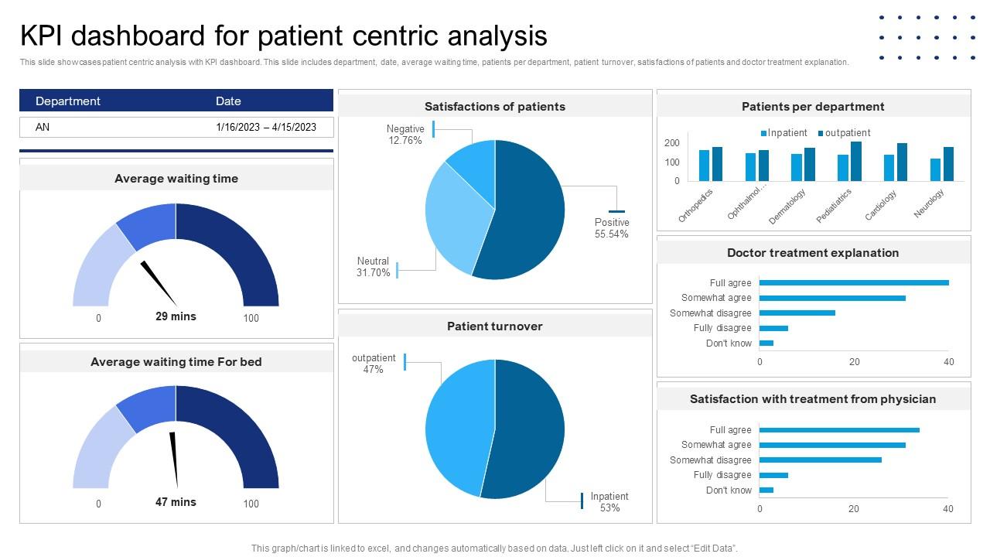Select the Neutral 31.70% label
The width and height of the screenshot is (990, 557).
click(x=374, y=267)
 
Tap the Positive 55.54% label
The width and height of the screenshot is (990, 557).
click(x=611, y=228)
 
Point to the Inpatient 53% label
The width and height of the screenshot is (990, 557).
click(x=609, y=502)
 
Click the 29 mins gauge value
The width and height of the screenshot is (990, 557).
click(x=176, y=316)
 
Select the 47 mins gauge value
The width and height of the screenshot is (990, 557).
click(x=176, y=502)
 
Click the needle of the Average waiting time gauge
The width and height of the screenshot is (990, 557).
click(x=159, y=283)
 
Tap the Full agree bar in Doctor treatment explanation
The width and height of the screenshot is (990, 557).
click(x=854, y=283)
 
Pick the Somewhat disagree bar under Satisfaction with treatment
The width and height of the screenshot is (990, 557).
click(x=820, y=460)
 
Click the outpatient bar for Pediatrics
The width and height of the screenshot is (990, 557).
click(x=855, y=161)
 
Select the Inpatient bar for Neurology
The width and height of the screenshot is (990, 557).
click(x=935, y=169)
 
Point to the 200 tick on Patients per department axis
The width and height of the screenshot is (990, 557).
click(x=671, y=143)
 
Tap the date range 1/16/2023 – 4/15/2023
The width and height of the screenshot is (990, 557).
click(x=266, y=127)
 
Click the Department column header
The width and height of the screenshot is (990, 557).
click(x=68, y=101)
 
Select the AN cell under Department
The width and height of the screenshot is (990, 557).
click(x=43, y=127)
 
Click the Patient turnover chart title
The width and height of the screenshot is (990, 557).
click(x=495, y=326)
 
